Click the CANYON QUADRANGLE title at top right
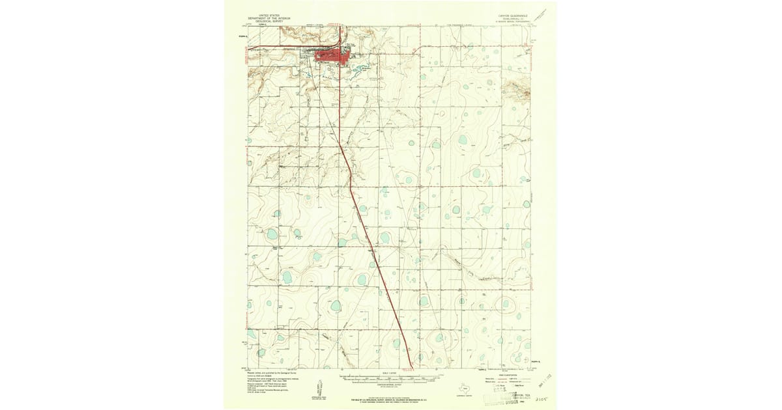(512, 14)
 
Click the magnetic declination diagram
(323, 383)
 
